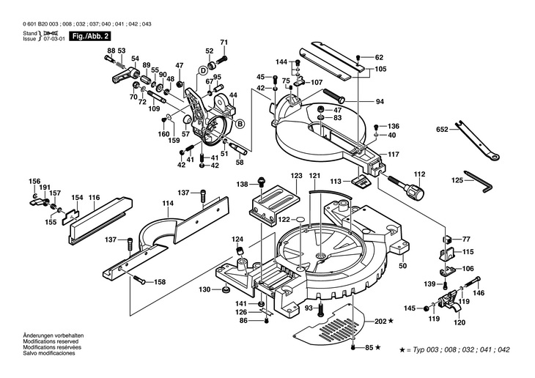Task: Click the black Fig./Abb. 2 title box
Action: tap(89, 36)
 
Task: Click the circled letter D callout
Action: tap(203, 70)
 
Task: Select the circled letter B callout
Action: tap(240, 124)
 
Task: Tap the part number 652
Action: tap(442, 130)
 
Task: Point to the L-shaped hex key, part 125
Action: tap(478, 182)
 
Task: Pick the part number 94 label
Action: tap(380, 101)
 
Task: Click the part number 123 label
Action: tap(297, 176)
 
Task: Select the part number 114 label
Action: tap(168, 203)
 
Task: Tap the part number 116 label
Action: tap(94, 197)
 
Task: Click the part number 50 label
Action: tap(403, 265)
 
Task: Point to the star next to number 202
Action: tap(391, 321)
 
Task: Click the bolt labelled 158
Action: tap(140, 280)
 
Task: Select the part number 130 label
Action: tap(204, 289)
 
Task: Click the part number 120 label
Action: tap(460, 322)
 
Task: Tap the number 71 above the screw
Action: tap(224, 42)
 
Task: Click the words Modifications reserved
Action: tap(51, 341)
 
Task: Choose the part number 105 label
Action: tap(380, 69)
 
